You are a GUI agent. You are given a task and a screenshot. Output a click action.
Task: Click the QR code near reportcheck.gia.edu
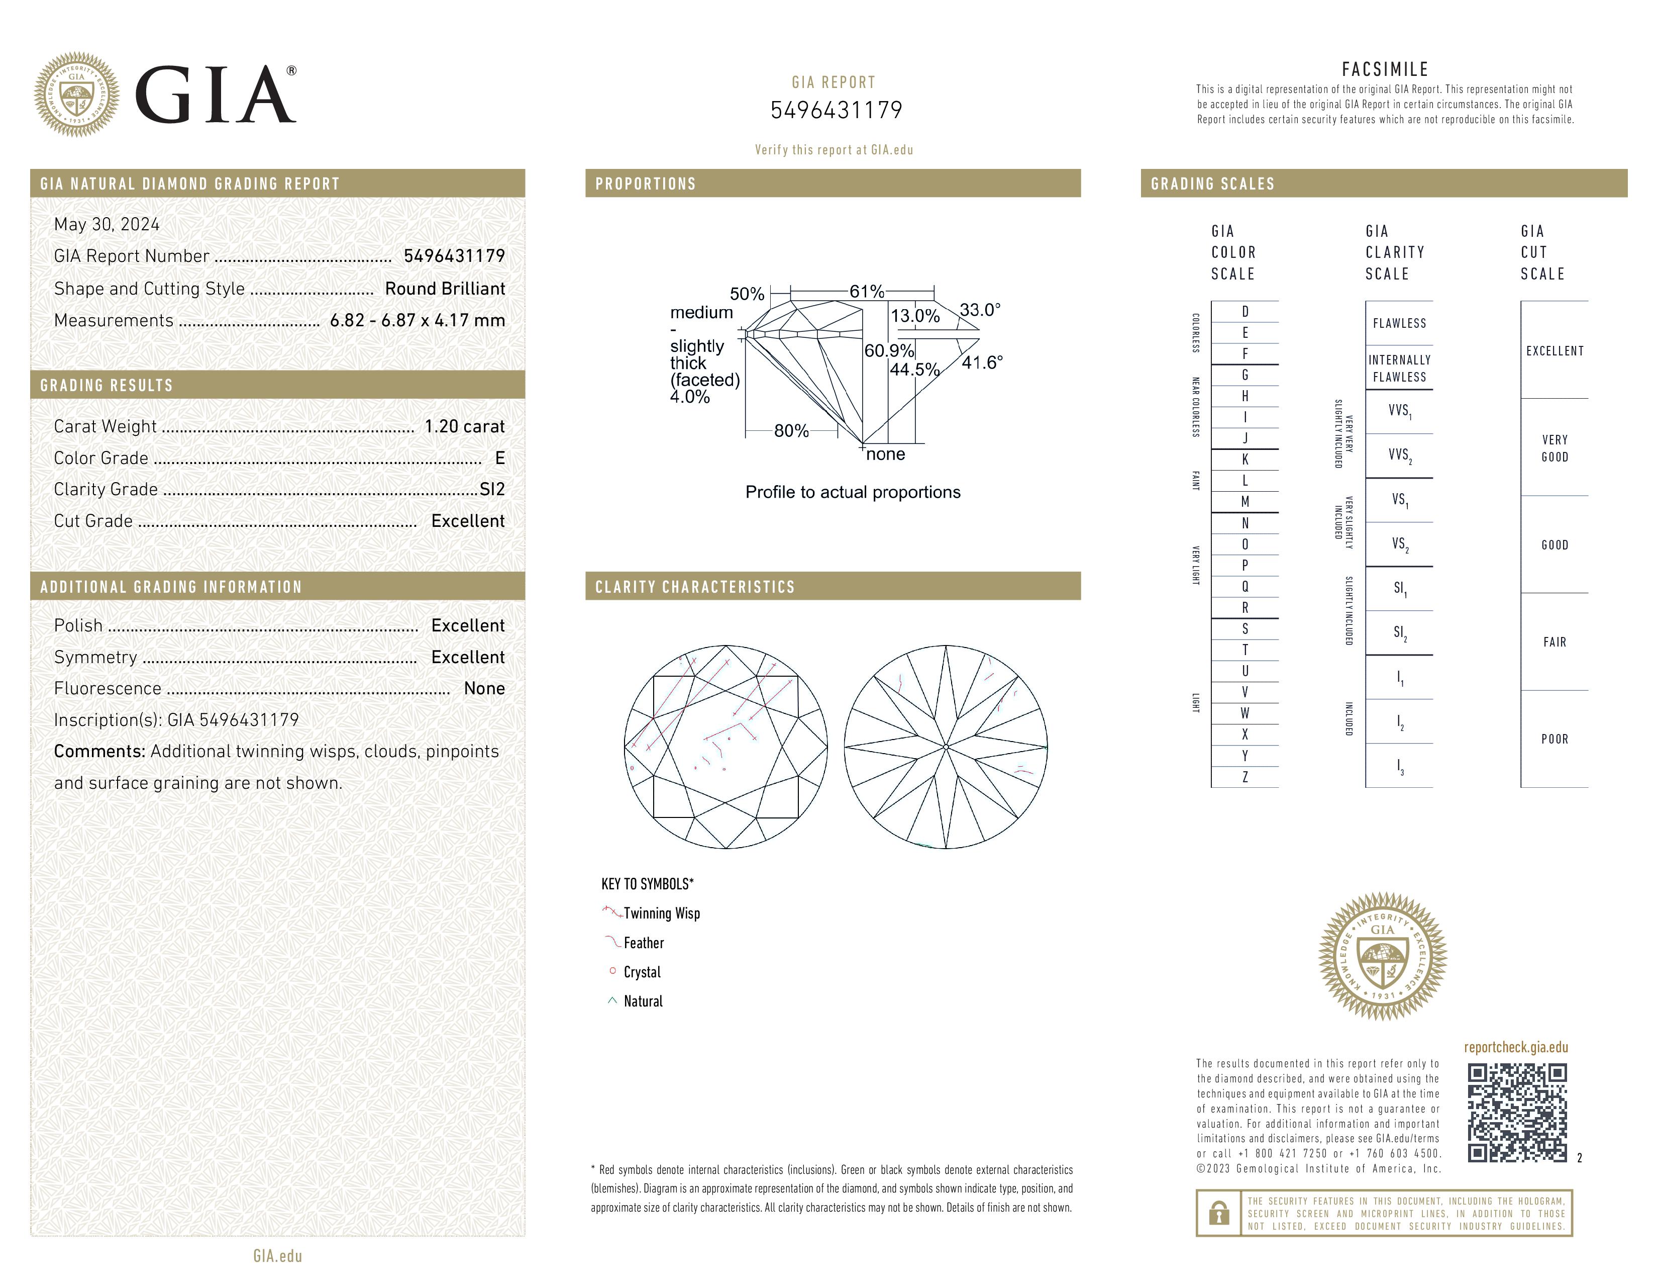1516,1112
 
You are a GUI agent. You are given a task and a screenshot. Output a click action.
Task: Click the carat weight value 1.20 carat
464,426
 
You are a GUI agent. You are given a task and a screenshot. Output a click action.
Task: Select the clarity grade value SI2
492,489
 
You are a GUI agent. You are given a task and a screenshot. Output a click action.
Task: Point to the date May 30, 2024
107,224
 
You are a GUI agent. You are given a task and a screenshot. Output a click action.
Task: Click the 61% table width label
866,292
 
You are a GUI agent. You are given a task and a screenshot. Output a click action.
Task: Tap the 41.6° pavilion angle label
982,362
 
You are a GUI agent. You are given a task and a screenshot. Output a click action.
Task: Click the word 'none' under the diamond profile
885,454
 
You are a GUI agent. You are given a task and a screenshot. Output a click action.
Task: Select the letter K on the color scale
1245,460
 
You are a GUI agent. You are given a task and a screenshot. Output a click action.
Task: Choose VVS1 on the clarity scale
1399,411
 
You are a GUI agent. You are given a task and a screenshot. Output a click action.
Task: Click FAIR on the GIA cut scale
1554,642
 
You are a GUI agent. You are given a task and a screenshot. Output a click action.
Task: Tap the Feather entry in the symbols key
643,943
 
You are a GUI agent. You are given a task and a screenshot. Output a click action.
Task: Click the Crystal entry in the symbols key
642,972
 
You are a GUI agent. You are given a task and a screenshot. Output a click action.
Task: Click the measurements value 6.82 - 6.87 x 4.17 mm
417,321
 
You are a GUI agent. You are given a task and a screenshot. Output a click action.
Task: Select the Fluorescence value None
483,688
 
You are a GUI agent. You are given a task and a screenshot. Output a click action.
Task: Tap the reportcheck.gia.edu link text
1515,1047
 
